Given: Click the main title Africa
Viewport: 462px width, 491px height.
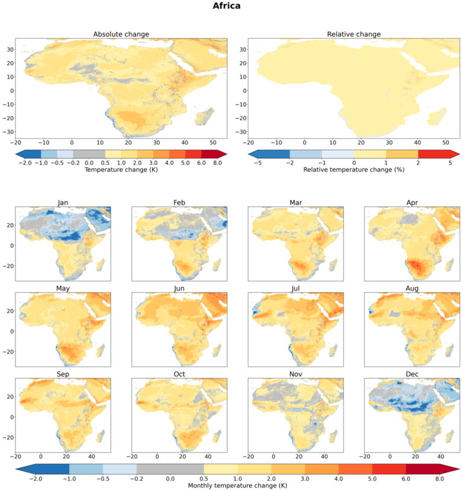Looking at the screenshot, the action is coord(226,6).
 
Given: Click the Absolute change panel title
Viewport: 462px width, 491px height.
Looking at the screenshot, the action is coord(121,34).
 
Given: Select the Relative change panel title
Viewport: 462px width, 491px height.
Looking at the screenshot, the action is coord(354,34).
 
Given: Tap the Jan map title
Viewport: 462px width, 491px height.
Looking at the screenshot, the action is coord(63,203).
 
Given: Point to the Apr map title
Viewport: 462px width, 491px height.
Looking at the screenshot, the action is coord(412,203).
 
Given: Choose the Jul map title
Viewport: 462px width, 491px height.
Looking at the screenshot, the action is coord(296,288).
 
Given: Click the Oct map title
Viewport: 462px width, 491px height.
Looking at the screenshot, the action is coord(180,374).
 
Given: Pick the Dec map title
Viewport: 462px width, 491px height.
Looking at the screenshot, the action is coord(412,374).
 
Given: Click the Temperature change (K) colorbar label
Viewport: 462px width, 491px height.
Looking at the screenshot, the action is coord(121,170).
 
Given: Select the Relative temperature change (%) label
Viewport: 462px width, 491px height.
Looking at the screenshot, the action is coord(354,170).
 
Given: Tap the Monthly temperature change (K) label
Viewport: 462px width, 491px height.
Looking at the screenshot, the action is coord(237,486).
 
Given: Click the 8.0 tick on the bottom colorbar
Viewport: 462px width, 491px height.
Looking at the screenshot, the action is coord(439,479).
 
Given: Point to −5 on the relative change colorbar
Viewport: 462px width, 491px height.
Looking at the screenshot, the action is coord(258,163).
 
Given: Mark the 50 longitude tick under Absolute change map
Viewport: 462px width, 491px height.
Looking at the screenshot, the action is coord(213,143).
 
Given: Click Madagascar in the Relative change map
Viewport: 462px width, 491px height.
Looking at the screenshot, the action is coord(437,117).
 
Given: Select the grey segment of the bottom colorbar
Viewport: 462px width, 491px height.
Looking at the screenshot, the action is coord(170,469).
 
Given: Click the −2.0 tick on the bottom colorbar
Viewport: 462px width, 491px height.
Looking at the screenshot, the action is coord(36,479).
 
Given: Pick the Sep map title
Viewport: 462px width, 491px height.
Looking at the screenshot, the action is coord(63,374).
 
